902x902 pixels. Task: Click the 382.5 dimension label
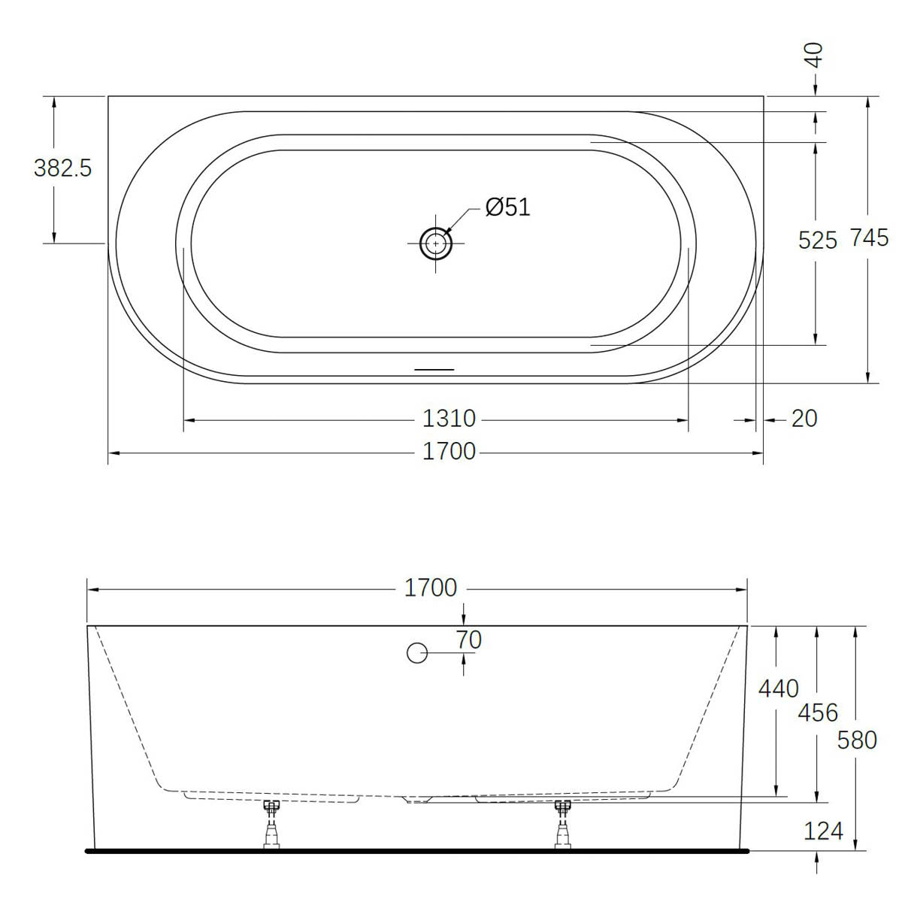pos(62,168)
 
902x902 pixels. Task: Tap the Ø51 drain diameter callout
pos(508,207)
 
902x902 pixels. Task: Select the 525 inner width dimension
pos(817,241)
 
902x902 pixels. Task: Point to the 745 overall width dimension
pos(869,238)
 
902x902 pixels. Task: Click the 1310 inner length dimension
pos(449,419)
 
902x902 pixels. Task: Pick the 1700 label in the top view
pos(449,452)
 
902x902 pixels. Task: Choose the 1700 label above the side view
pos(431,588)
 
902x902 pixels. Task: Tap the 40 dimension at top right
pos(815,55)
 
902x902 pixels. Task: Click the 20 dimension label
pos(804,419)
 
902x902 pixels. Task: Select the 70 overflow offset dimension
pos(468,640)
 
